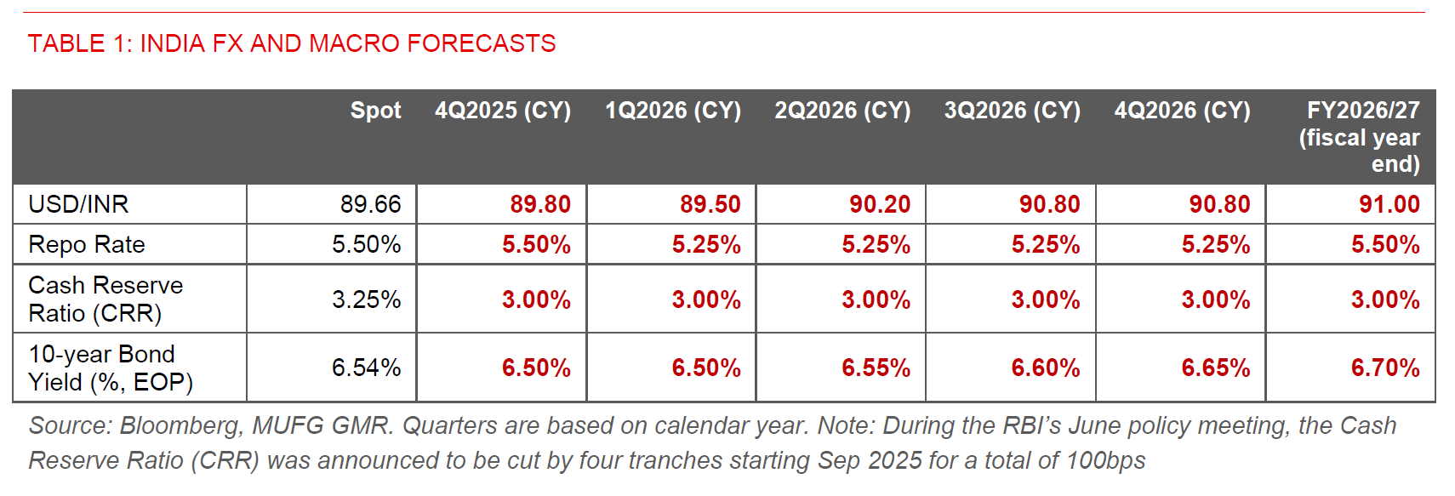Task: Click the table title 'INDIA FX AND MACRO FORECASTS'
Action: tap(291, 43)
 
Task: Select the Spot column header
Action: tap(375, 111)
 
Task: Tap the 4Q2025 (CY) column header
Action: tap(502, 111)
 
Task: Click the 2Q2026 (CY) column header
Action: tap(842, 111)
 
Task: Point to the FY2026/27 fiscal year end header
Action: tap(1359, 136)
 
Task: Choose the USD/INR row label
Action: tap(78, 204)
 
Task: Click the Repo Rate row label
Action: tap(87, 245)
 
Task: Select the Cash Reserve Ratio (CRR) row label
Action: tap(105, 299)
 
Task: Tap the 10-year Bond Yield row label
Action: tap(110, 368)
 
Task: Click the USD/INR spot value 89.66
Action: tap(370, 204)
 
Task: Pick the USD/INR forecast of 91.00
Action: tap(1389, 204)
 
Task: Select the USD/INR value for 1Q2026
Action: tap(710, 204)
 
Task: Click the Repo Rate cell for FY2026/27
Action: tap(1385, 245)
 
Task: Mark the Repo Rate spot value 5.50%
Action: tap(366, 245)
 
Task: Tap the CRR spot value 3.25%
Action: tap(366, 299)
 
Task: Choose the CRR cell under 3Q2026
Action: tap(1045, 299)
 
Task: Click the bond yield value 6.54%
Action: tap(366, 368)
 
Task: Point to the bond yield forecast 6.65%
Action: tap(1215, 368)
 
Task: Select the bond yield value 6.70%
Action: tap(1385, 368)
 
